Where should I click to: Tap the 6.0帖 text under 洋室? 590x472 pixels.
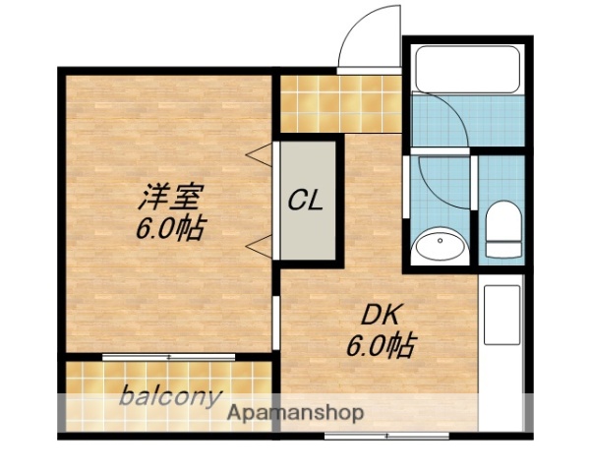(x=170, y=230)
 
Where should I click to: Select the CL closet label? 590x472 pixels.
(x=306, y=201)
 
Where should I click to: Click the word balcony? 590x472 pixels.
(x=169, y=397)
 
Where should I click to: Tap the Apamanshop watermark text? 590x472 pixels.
(x=296, y=413)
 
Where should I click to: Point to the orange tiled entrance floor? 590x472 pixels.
(x=339, y=103)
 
